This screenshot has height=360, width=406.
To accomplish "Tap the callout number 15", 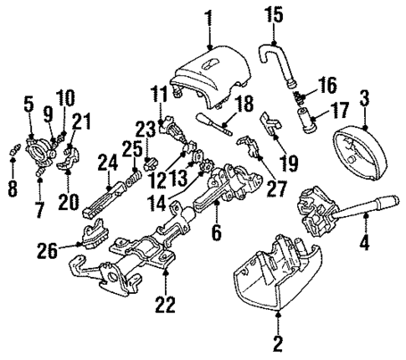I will tap(275, 14).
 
